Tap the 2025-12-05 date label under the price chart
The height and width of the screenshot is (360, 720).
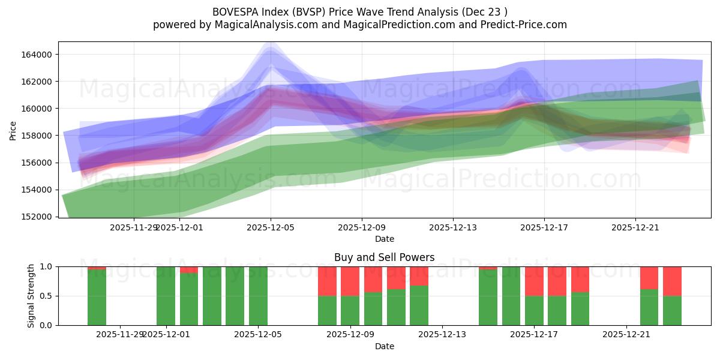(x=270, y=227)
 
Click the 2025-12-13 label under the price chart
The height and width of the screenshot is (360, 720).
(x=452, y=227)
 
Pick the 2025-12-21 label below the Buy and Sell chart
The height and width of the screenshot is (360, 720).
(x=626, y=334)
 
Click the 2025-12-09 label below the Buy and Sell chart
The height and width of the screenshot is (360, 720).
(x=350, y=334)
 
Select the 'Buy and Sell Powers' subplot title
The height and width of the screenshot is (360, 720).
(x=384, y=258)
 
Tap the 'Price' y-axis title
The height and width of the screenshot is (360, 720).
(x=14, y=130)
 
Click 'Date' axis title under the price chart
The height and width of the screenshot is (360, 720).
(x=384, y=239)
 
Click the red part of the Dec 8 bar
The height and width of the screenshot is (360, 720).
(x=327, y=281)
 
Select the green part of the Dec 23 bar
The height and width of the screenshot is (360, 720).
(x=672, y=310)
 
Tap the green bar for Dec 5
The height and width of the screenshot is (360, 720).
(x=258, y=296)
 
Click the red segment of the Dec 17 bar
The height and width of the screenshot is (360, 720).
(x=534, y=281)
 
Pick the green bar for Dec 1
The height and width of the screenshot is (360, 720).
(x=166, y=296)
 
